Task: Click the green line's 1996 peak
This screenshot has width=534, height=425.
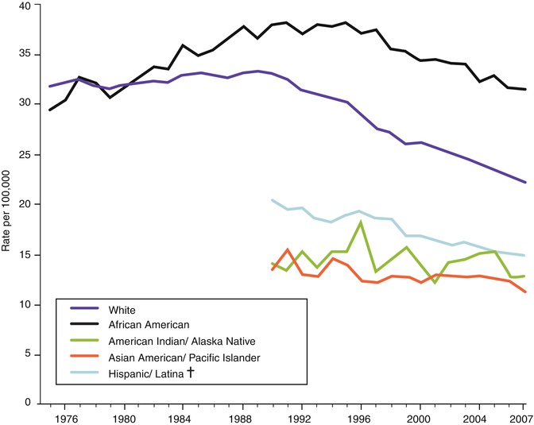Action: click(361, 222)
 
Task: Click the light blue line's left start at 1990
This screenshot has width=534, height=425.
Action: click(273, 200)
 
